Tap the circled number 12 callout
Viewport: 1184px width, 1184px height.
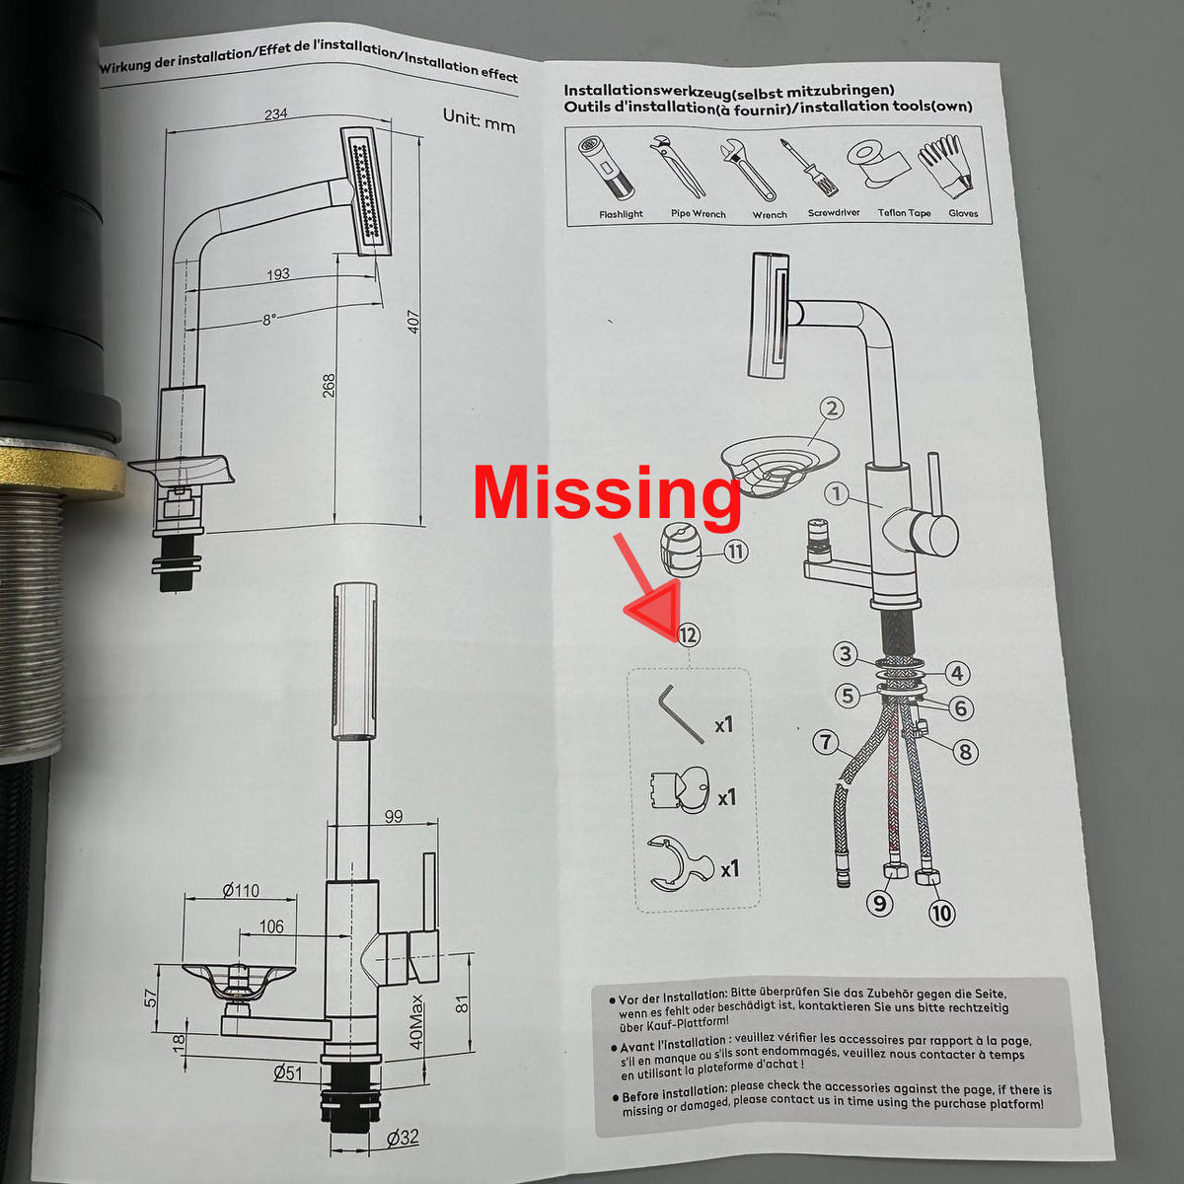click(688, 634)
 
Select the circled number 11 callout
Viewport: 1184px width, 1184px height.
click(735, 552)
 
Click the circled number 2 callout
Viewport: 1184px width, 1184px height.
click(832, 408)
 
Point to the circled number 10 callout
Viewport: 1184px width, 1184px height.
click(942, 914)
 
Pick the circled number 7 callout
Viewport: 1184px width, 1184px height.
click(825, 742)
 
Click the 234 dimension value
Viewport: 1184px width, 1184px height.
click(276, 113)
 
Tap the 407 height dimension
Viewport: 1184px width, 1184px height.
click(413, 322)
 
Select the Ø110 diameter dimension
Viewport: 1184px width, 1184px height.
click(241, 890)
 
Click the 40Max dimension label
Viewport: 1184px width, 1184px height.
click(416, 1022)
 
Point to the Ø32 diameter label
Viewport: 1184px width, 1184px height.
click(404, 1137)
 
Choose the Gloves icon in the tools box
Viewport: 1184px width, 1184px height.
click(946, 167)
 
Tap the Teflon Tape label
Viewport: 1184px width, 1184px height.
click(904, 212)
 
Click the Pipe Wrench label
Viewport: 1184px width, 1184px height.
click(698, 214)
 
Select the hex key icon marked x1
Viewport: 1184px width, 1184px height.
click(681, 714)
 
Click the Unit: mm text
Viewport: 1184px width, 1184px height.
click(479, 119)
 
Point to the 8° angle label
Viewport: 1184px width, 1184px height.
click(269, 320)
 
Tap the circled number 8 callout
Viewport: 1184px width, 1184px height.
click(965, 751)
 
